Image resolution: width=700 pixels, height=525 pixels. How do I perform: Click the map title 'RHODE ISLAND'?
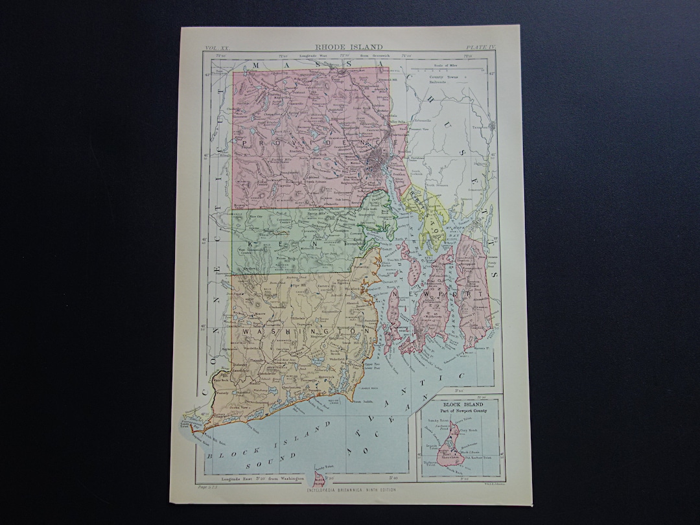point(349,47)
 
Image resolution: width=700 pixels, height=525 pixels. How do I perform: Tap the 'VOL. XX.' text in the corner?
point(216,48)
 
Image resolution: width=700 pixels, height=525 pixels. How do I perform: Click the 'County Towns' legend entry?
point(443,78)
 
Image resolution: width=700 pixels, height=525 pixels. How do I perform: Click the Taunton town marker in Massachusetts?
point(493,126)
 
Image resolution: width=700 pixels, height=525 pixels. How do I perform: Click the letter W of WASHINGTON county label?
point(246,332)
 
